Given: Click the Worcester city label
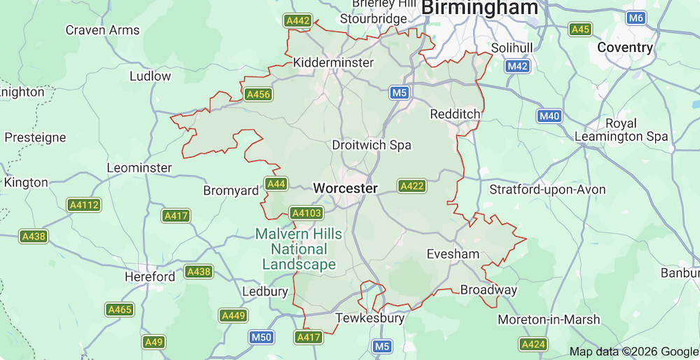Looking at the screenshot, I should coord(345,188).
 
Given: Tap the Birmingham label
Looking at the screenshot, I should coord(480,8).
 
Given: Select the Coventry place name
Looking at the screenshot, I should coord(625,48).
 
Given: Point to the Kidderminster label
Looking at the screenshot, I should coord(333,62).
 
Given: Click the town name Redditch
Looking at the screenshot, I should coord(455,113).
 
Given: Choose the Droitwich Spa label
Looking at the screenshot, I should coord(371,145).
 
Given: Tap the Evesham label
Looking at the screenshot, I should coord(453,254).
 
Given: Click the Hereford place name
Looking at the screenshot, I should coord(150,277).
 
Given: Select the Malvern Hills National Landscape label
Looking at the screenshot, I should coord(299,249).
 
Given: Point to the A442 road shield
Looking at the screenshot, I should coord(297,21).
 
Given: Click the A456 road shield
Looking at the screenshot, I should coord(258,94).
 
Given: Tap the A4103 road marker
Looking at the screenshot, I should coord(306,213).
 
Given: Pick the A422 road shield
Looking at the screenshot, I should coord(412,186).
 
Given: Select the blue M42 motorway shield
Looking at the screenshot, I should coord(517,66).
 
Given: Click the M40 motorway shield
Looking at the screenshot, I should coord(549,116).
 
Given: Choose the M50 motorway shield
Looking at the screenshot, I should coord(261,338).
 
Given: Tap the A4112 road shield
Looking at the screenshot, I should coord(84,205).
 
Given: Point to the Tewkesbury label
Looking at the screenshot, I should coord(370,318).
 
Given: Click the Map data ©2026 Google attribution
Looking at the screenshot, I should coord(633,352).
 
